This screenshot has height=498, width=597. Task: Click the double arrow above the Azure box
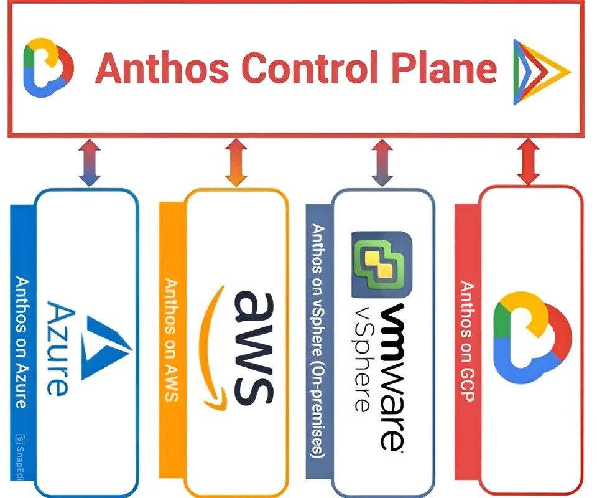point(90,162)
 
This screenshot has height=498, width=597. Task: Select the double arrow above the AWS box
point(236,162)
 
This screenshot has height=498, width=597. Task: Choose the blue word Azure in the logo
point(58,349)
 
